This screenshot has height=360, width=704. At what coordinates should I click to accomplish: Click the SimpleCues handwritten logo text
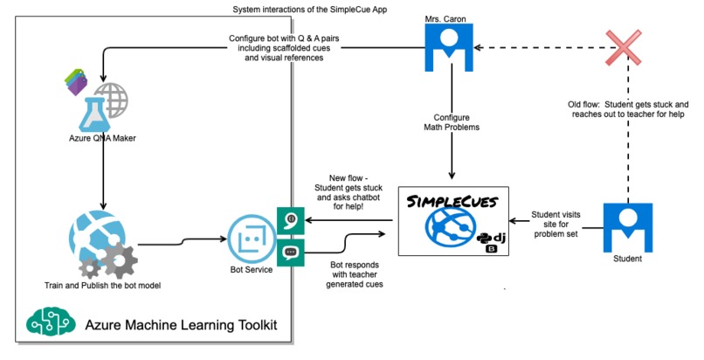[452, 202]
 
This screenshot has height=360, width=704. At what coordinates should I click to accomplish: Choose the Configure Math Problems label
[452, 122]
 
